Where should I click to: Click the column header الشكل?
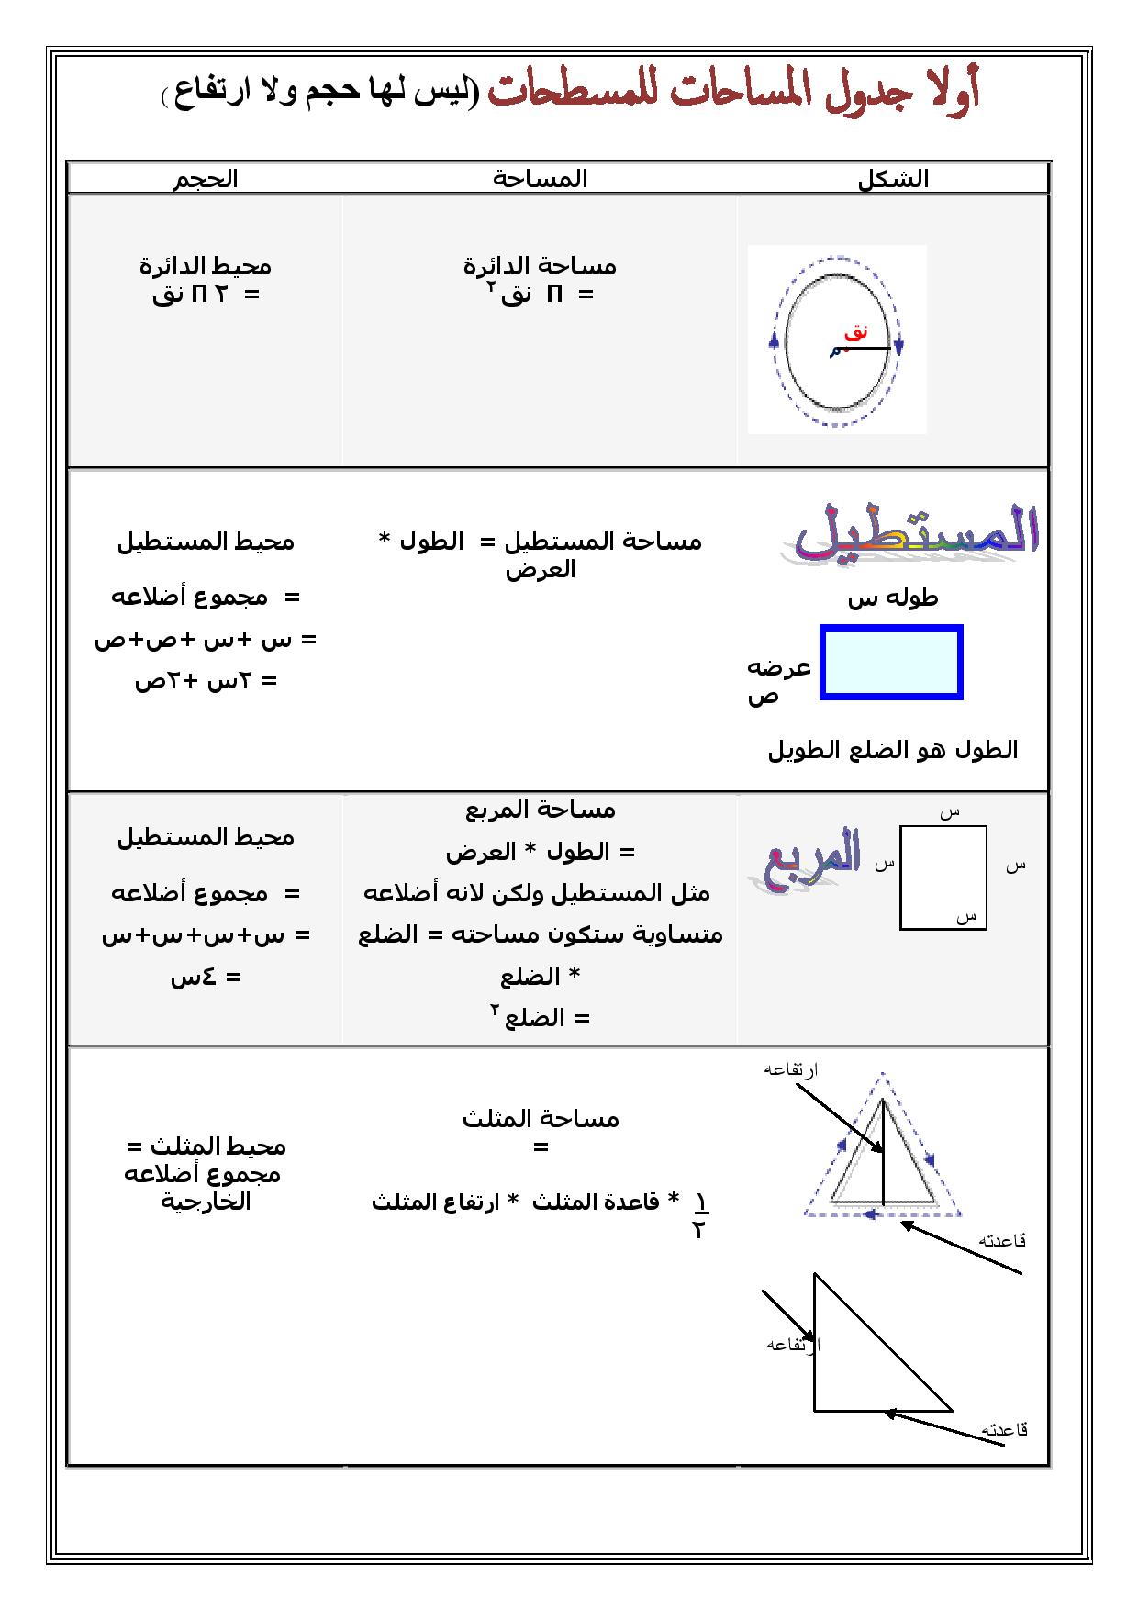pyautogui.click(x=893, y=180)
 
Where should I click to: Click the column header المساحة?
pyautogui.click(x=540, y=179)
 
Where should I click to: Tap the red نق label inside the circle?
pyautogui.click(x=856, y=333)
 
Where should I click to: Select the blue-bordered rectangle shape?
pyautogui.click(x=891, y=663)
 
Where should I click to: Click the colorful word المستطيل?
pyautogui.click(x=910, y=533)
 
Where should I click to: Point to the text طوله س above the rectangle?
pyautogui.click(x=892, y=599)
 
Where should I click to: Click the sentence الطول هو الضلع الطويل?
pyautogui.click(x=892, y=750)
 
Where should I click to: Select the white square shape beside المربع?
pyautogui.click(x=943, y=878)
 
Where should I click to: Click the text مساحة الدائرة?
pyautogui.click(x=540, y=266)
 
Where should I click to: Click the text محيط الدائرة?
pyautogui.click(x=206, y=266)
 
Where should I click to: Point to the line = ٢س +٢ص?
pyautogui.click(x=206, y=681)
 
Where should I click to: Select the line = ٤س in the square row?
pyautogui.click(x=206, y=977)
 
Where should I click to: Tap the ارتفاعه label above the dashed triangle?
pyautogui.click(x=791, y=1069)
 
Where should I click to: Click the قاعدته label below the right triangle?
pyautogui.click(x=1004, y=1429)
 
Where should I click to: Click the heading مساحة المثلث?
pyautogui.click(x=541, y=1119)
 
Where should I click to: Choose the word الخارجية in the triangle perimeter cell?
pyautogui.click(x=206, y=1202)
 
